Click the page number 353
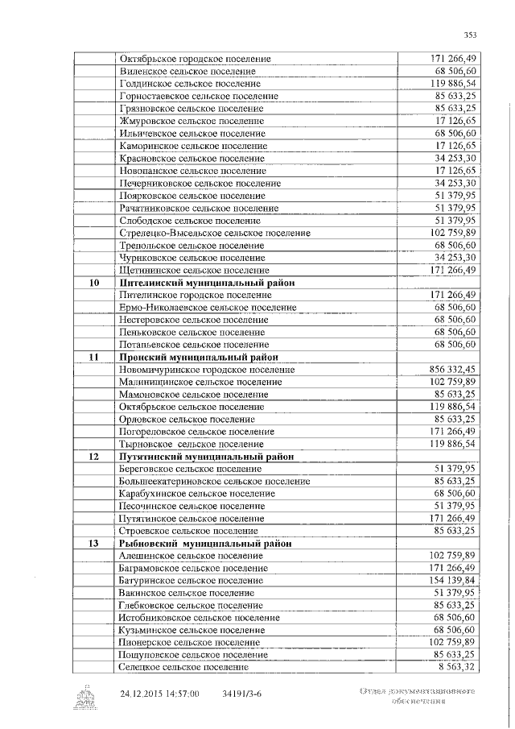pyautogui.click(x=471, y=34)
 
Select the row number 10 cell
pyautogui.click(x=94, y=283)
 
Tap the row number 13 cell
pyautogui.click(x=94, y=544)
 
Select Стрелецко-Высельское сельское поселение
pyautogui.click(x=214, y=233)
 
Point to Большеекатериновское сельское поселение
pyautogui.click(x=214, y=482)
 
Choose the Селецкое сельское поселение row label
pyautogui.click(x=183, y=668)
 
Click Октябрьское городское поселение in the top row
pyautogui.click(x=195, y=59)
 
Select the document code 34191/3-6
pyautogui.click(x=241, y=694)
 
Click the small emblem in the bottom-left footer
pyautogui.click(x=85, y=697)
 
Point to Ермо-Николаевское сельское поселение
pyautogui.click(x=207, y=308)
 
